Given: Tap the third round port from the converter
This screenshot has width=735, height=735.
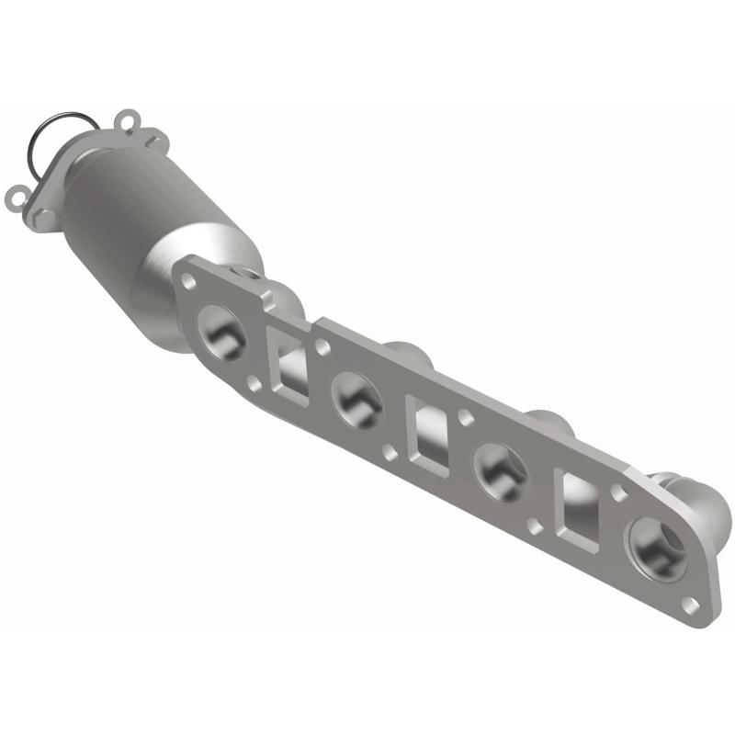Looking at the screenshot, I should [500, 469].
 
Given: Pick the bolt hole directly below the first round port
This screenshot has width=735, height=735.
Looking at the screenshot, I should [251, 380].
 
